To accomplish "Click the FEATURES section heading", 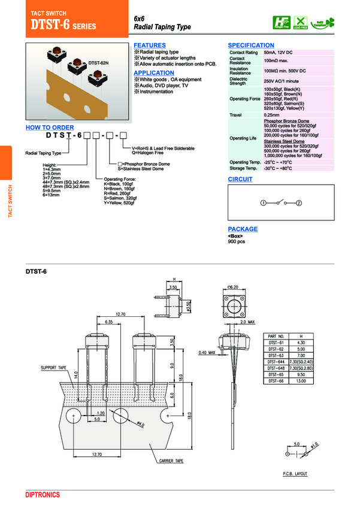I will point(150,46).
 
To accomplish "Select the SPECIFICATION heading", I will point(251,46).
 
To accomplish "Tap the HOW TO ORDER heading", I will point(50,128).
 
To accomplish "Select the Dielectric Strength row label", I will point(238,81).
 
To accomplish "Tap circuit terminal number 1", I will point(263,204).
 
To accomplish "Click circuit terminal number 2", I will point(299,204).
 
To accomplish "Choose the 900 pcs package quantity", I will point(237,241).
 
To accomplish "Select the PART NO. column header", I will point(276,337).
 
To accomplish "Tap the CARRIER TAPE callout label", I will point(175,462).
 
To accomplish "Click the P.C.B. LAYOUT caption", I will point(295,474).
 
